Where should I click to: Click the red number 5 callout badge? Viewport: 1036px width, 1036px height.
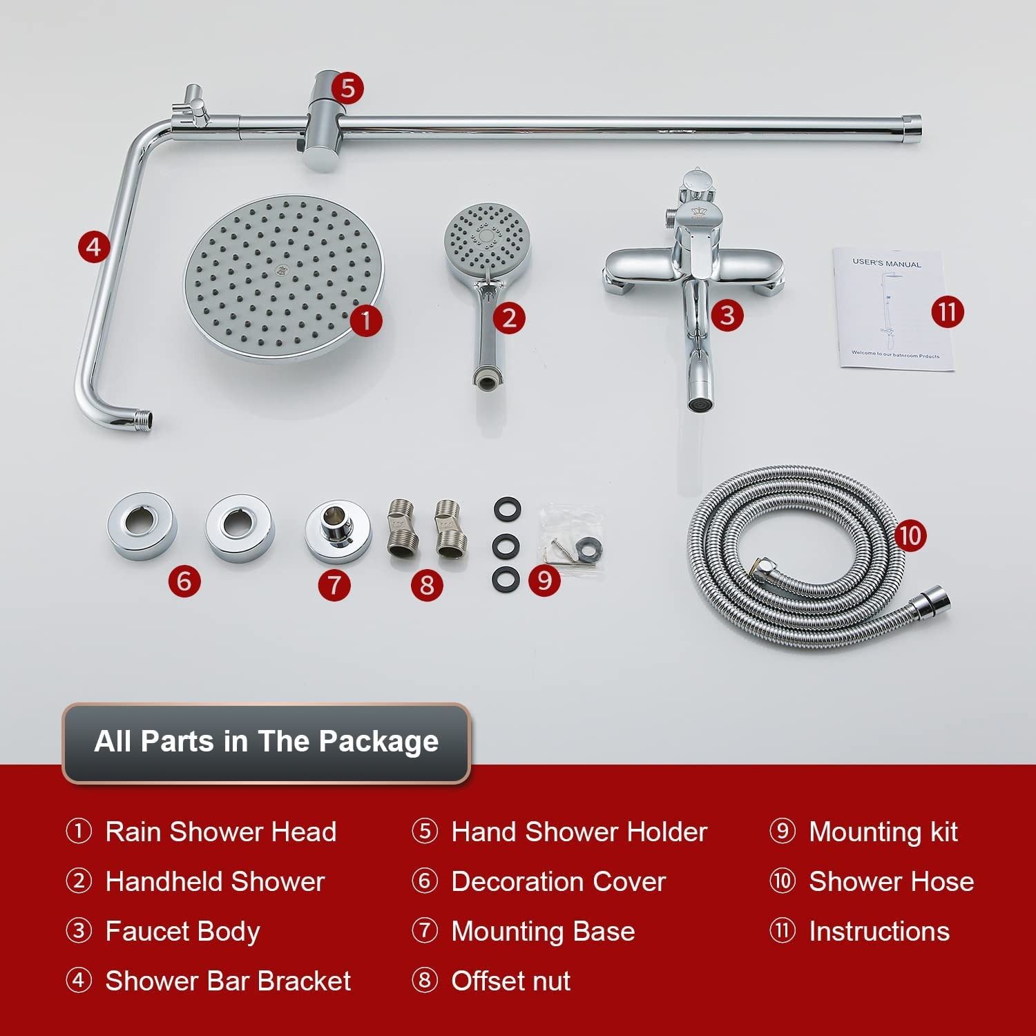click(347, 88)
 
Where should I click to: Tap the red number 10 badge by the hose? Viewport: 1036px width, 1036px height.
click(910, 535)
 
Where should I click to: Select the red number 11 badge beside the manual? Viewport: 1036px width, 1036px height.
click(947, 311)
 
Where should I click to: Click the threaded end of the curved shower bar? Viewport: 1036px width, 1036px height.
click(144, 417)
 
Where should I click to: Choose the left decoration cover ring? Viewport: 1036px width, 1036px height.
click(142, 525)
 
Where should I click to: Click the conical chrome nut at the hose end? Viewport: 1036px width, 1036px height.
click(928, 599)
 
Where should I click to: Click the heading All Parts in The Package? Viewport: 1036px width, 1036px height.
click(267, 741)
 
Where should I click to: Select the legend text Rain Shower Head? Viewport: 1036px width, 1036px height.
click(221, 832)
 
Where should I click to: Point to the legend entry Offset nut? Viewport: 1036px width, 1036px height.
click(511, 981)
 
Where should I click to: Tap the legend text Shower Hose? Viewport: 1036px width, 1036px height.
click(892, 881)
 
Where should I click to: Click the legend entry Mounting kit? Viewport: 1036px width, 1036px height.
click(883, 832)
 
